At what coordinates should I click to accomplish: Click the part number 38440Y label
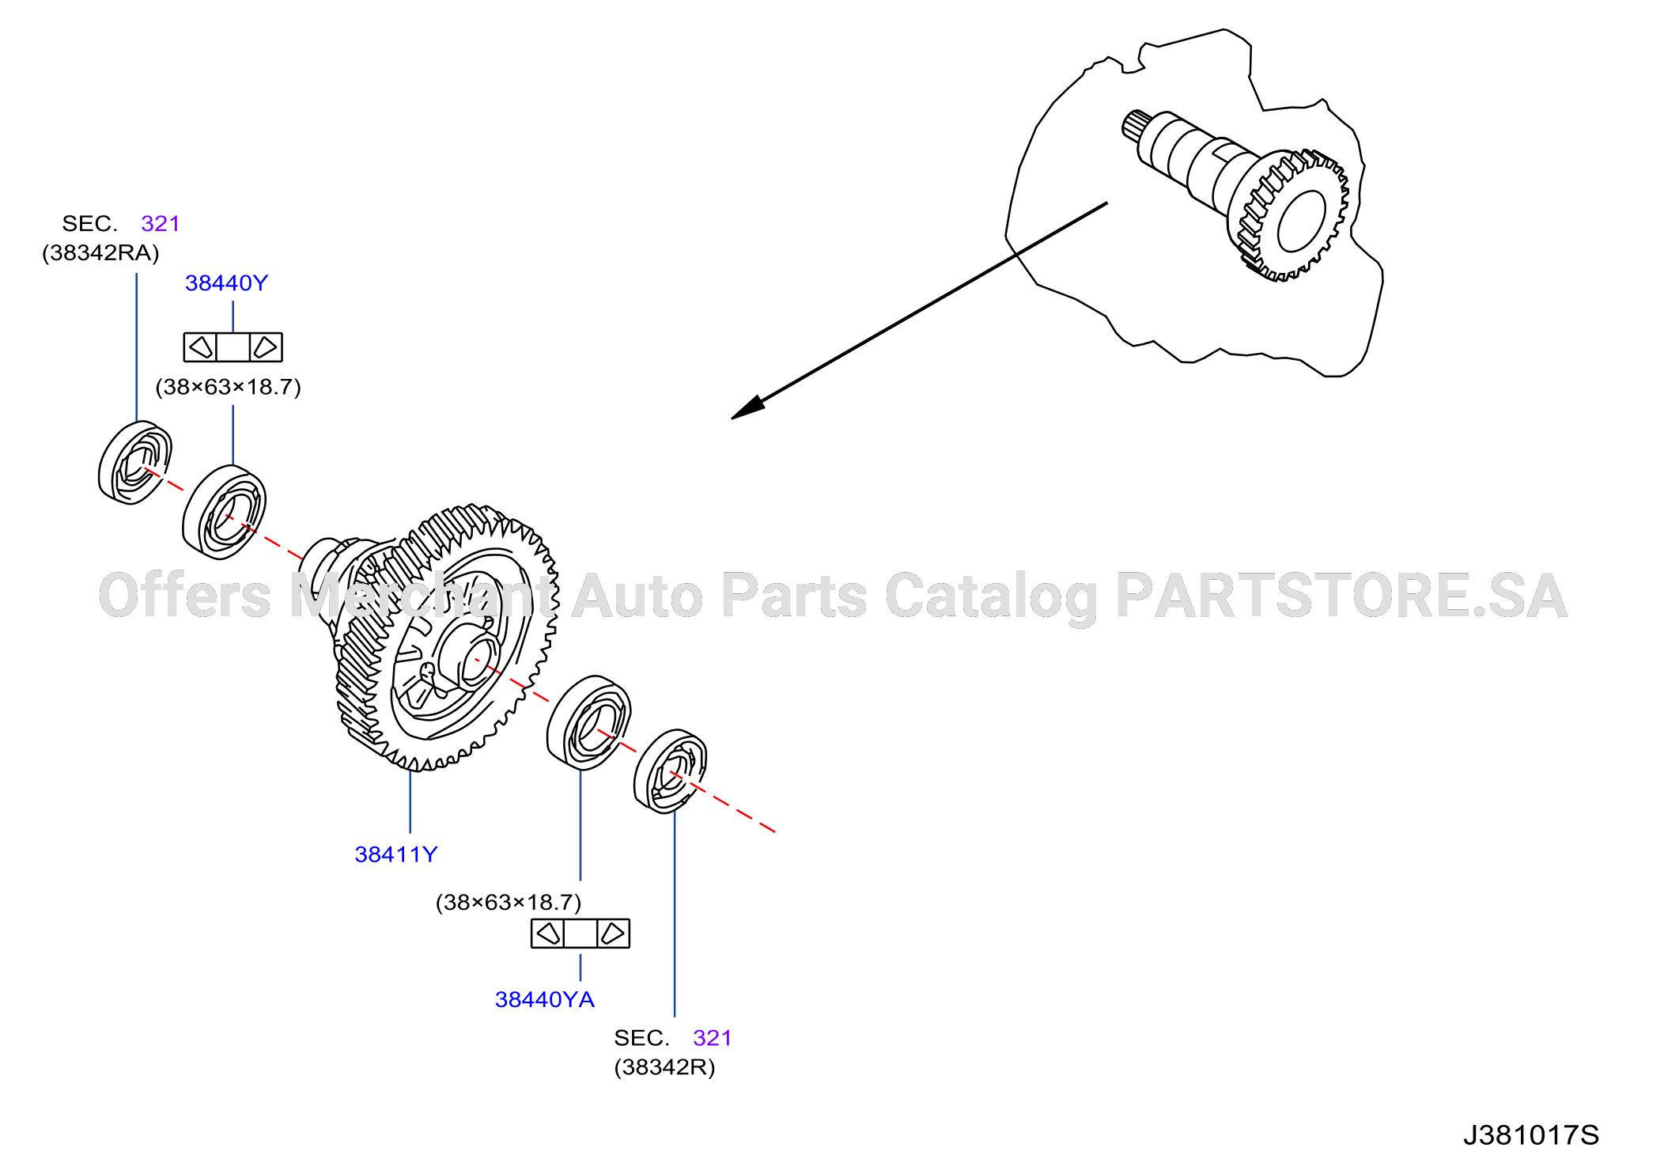(x=226, y=283)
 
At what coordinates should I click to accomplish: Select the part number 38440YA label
(x=544, y=1000)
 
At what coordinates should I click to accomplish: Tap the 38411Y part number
(x=395, y=854)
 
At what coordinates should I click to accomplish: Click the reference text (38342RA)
(x=100, y=253)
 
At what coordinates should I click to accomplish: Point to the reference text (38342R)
(x=664, y=1067)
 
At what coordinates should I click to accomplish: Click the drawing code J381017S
(x=1530, y=1135)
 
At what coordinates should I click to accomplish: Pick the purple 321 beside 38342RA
(x=161, y=224)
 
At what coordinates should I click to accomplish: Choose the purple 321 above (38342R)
(x=712, y=1038)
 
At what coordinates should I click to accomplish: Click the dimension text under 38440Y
(x=228, y=387)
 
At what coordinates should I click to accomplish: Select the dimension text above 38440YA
(x=509, y=903)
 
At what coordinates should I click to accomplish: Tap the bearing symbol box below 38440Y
(x=233, y=347)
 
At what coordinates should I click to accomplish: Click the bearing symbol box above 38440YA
(x=580, y=934)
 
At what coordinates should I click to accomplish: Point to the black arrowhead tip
(x=732, y=418)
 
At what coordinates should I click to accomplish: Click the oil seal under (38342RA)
(x=135, y=463)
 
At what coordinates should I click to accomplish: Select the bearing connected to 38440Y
(x=224, y=513)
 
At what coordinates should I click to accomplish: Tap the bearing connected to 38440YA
(x=588, y=723)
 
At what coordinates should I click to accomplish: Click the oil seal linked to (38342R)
(x=670, y=771)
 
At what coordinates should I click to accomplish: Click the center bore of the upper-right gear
(x=1301, y=221)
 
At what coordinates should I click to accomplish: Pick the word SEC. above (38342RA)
(x=89, y=224)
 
